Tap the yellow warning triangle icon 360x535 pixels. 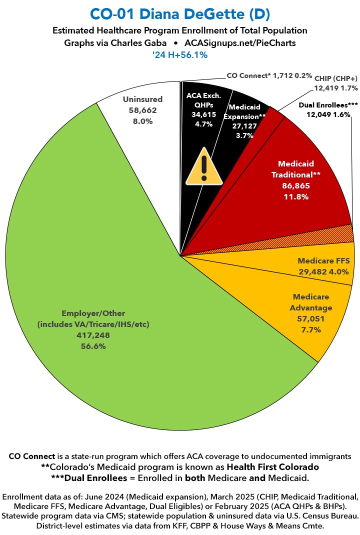tap(204, 166)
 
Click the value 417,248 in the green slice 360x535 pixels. tap(93, 335)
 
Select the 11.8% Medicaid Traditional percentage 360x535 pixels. tap(295, 196)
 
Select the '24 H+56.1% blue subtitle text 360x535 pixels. tap(180, 55)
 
